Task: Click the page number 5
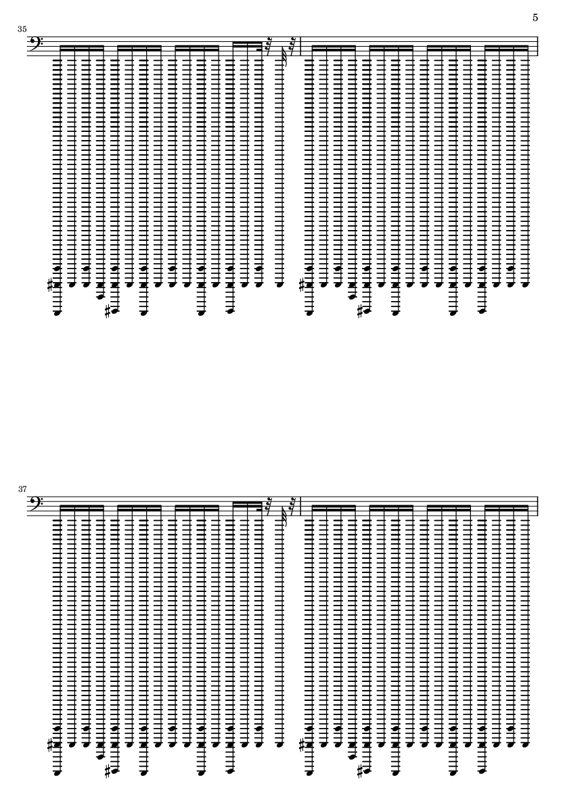point(535,18)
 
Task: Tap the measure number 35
point(22,29)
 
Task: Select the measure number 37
point(22,488)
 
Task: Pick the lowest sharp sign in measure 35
point(108,311)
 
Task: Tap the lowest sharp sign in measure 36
point(360,311)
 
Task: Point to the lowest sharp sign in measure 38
point(360,771)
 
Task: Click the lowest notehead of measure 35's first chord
point(58,313)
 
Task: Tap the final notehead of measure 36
point(526,285)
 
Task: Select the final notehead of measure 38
point(526,744)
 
